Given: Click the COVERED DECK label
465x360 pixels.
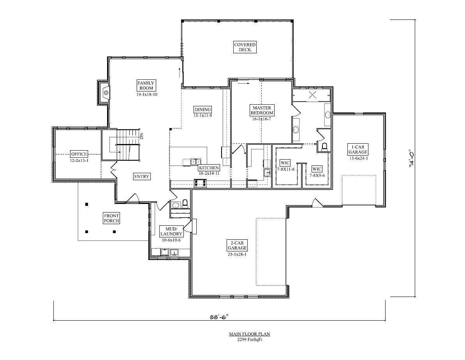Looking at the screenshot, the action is (x=245, y=47).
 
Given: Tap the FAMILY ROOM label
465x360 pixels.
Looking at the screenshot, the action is (x=146, y=85).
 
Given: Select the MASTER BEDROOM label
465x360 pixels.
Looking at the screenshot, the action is (x=262, y=110).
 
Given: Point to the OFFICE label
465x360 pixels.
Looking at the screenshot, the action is (x=79, y=154).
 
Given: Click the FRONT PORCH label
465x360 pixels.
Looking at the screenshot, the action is (x=111, y=218).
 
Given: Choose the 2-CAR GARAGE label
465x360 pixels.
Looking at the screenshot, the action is (x=237, y=245).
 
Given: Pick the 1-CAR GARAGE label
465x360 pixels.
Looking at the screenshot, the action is (x=358, y=149).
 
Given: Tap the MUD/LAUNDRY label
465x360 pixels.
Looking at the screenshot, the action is (x=171, y=232).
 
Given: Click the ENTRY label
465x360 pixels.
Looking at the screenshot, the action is (x=142, y=177).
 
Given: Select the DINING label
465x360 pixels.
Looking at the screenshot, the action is (x=203, y=110).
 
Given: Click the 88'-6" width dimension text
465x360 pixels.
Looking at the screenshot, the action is (x=219, y=317).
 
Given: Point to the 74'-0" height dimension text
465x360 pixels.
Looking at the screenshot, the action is (x=412, y=158).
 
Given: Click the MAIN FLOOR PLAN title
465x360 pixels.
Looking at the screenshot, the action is (x=249, y=334).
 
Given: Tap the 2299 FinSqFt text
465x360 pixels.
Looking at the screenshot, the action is (x=249, y=340).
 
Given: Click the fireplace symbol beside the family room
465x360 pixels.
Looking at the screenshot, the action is (x=105, y=92).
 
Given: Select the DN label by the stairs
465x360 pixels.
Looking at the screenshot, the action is (x=141, y=136).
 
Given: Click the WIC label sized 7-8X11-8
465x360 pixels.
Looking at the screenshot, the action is (x=285, y=163).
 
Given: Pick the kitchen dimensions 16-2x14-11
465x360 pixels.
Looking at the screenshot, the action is (x=209, y=173).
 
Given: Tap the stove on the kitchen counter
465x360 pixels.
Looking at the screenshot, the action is (x=200, y=183).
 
